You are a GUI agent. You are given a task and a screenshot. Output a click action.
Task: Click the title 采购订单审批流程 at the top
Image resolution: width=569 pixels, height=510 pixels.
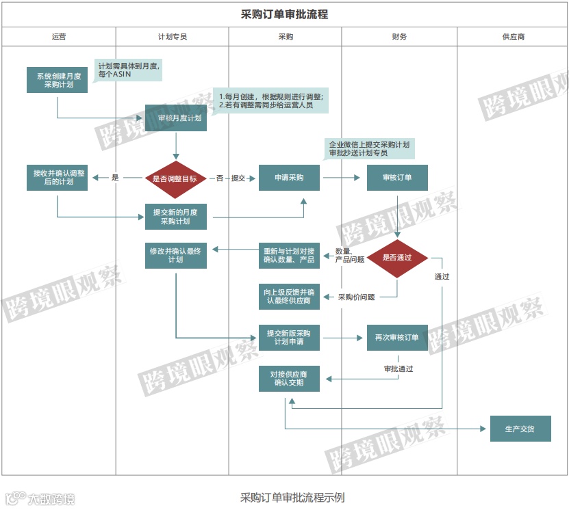click(284, 14)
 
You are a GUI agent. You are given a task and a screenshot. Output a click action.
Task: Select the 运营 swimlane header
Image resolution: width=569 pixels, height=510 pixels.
click(58, 37)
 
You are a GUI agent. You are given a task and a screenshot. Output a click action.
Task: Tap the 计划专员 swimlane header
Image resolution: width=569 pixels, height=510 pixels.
click(172, 37)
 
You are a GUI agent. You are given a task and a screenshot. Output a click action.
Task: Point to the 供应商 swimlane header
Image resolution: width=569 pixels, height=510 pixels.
click(513, 37)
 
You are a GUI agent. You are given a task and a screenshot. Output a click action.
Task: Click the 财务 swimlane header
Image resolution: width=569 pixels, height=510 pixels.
click(399, 37)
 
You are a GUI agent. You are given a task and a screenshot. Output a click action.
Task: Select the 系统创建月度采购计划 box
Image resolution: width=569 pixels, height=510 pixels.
click(58, 81)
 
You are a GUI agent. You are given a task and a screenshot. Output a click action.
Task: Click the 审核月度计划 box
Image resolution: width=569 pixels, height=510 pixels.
click(176, 118)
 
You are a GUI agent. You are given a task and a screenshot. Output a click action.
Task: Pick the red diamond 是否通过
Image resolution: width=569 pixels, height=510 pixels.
click(397, 258)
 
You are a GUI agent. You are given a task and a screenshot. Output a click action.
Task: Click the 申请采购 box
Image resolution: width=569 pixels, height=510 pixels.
click(289, 178)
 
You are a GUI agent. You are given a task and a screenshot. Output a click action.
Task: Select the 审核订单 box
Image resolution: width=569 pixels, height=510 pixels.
click(397, 178)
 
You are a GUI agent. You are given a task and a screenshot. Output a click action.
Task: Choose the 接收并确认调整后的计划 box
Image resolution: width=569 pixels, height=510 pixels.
click(58, 178)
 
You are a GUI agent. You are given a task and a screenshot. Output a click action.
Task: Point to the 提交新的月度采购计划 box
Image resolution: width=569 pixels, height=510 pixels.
click(176, 217)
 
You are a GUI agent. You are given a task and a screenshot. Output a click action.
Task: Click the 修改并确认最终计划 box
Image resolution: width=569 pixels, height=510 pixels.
click(176, 255)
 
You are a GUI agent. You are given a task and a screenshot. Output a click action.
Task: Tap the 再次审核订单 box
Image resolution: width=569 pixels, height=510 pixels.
click(397, 338)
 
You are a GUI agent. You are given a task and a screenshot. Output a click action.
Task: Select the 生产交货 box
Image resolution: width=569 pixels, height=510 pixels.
click(520, 429)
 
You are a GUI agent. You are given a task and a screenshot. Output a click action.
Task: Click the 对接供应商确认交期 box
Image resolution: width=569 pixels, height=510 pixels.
click(289, 379)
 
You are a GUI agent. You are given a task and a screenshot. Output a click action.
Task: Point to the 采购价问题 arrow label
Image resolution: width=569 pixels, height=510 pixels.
click(356, 297)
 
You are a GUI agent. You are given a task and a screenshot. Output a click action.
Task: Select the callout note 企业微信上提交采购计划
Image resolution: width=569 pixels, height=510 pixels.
click(370, 149)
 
